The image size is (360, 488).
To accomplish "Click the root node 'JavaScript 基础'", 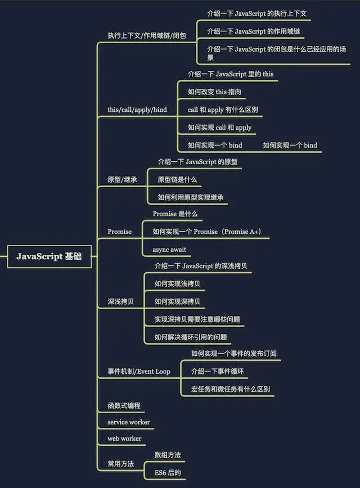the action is pos(49,256).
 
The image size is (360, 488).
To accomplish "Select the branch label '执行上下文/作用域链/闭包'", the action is pos(146,35).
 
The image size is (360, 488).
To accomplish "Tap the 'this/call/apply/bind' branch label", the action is pos(137,110).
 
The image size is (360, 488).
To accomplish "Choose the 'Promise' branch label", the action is pos(119,232).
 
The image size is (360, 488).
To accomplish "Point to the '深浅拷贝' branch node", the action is pos(120,301).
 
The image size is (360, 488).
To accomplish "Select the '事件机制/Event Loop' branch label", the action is pos(138,372).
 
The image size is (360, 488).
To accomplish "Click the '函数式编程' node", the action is pos(124,405).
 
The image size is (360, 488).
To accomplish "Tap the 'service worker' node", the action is pos(128,422).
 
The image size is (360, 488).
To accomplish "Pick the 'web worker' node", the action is pos(124,439).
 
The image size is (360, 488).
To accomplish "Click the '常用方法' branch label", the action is pos(120,464).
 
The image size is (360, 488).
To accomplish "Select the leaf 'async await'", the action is pos(169,250).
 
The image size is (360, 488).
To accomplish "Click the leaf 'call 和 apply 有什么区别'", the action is pos(223,110).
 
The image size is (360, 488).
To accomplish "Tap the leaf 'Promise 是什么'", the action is pos(175,214).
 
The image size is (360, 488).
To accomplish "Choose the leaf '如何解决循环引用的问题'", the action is pos(191,337).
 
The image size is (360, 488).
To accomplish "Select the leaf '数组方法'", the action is pos(168,454).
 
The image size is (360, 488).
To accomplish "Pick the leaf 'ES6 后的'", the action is pos(168,473).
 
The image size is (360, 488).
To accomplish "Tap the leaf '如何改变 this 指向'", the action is pos(215,92).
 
